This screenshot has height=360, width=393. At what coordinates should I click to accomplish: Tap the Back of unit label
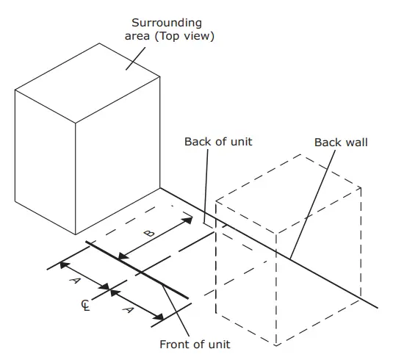218,141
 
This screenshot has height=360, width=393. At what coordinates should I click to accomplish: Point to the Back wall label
340,142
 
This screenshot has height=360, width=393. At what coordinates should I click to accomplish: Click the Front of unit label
195,344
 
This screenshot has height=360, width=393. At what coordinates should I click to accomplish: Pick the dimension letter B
148,233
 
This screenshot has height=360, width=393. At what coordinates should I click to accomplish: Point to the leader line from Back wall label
309,206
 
